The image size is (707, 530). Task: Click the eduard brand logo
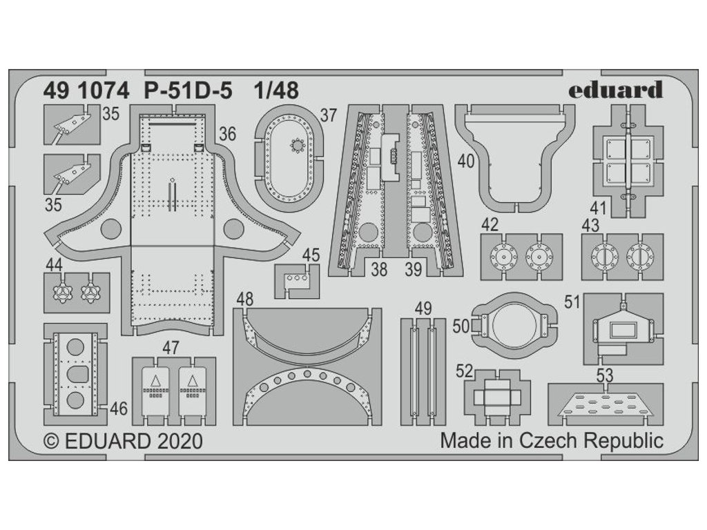click(x=616, y=90)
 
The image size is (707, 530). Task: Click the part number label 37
click(x=328, y=115)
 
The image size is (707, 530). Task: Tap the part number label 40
click(x=465, y=161)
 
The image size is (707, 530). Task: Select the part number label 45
click(x=311, y=255)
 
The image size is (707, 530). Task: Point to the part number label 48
click(x=244, y=300)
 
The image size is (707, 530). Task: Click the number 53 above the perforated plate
click(x=605, y=376)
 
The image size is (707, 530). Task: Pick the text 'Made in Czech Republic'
click(x=552, y=440)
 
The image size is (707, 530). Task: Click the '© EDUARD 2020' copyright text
click(x=123, y=441)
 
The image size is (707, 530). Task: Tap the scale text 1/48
click(x=275, y=90)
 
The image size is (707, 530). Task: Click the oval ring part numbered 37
click(x=286, y=158)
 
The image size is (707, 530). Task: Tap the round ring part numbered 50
click(x=513, y=323)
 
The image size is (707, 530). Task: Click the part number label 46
click(x=119, y=409)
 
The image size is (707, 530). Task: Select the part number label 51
click(x=572, y=303)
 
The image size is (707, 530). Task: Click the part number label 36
click(x=227, y=135)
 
